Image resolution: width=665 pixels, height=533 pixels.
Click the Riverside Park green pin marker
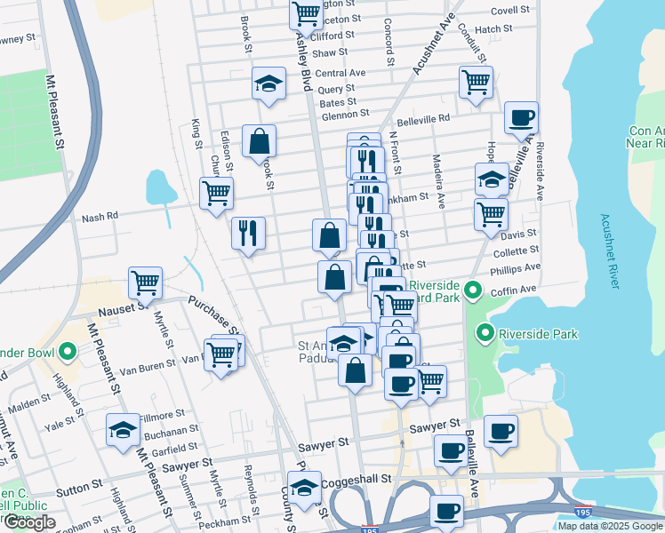(x=485, y=334)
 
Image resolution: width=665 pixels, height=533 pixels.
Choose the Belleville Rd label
(x=423, y=117)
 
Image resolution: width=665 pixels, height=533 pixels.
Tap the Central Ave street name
(x=341, y=73)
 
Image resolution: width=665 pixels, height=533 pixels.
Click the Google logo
(x=28, y=522)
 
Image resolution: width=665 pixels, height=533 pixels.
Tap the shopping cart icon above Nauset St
(x=145, y=282)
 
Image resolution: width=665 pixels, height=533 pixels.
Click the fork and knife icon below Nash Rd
(x=248, y=233)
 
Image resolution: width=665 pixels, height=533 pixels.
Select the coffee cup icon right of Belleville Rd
(x=521, y=117)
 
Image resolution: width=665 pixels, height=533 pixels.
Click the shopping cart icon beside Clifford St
(x=306, y=14)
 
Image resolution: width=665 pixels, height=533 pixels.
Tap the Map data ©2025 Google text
(x=610, y=526)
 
